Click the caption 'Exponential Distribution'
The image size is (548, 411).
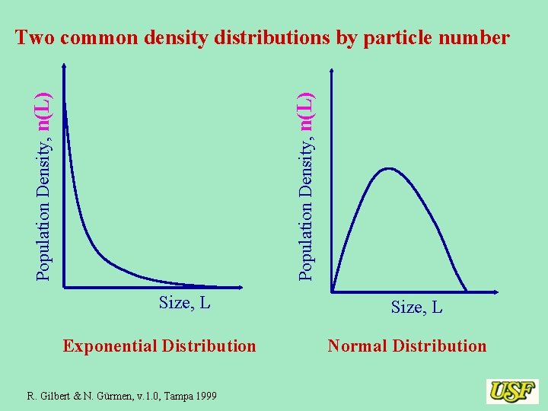160,346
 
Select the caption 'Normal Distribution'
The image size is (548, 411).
406,346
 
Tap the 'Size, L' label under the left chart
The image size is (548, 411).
184,303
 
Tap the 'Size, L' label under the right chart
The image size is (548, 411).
416,307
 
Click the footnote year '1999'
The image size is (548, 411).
205,396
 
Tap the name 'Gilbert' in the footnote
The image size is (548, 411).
54,396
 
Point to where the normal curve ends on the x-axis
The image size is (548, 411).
466,290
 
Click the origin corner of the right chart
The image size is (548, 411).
333,290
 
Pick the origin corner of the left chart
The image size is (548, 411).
65,286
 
